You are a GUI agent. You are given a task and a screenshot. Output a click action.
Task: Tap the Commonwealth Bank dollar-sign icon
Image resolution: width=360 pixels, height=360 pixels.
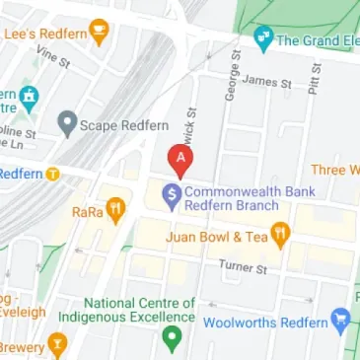coord(170,194)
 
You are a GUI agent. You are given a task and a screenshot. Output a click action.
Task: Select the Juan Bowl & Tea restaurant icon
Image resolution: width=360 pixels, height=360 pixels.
coord(280,236)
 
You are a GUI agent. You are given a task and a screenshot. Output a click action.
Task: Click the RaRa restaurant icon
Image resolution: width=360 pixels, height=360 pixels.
coord(115,209)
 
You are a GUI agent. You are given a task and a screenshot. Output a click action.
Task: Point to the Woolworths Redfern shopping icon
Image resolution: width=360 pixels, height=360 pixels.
coord(341,321)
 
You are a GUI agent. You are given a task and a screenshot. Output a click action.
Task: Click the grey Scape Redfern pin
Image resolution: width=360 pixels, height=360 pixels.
coord(67,124)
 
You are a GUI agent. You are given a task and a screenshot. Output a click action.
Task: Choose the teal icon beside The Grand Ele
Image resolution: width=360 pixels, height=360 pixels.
coord(262,39)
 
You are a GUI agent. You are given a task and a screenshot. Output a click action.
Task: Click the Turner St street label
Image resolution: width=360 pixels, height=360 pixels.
coord(243,267)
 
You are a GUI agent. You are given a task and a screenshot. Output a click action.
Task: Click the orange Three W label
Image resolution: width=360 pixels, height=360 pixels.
coord(337,170)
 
